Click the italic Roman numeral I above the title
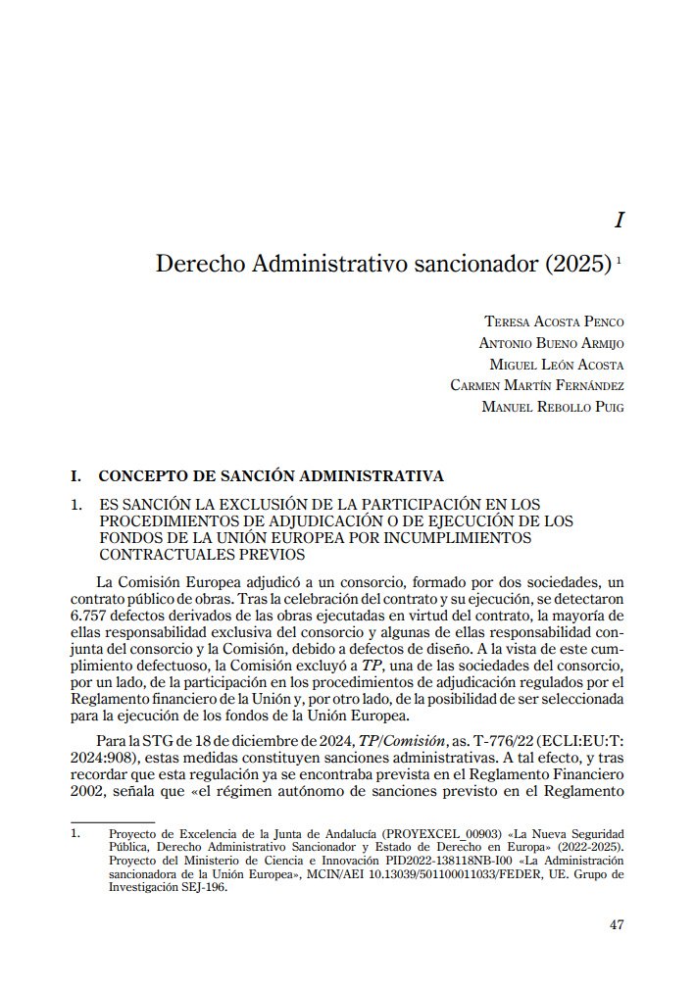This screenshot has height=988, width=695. pyautogui.click(x=619, y=221)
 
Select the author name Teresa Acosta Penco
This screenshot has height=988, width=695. pyautogui.click(x=554, y=321)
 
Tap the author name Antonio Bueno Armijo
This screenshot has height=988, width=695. pyautogui.click(x=551, y=343)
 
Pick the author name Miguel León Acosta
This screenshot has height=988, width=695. pyautogui.click(x=557, y=365)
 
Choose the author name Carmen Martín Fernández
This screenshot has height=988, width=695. pyautogui.click(x=537, y=385)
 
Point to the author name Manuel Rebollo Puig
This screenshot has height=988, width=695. pyautogui.click(x=553, y=406)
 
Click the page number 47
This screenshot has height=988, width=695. pyautogui.click(x=616, y=924)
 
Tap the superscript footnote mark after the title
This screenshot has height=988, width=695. pyautogui.click(x=621, y=260)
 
